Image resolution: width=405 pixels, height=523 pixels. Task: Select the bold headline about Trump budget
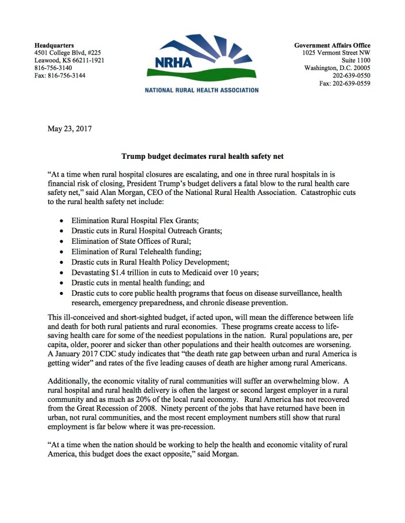pyautogui.click(x=202, y=155)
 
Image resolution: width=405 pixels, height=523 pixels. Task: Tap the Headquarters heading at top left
pyautogui.click(x=55, y=45)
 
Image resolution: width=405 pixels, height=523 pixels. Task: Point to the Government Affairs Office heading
pyautogui.click(x=332, y=45)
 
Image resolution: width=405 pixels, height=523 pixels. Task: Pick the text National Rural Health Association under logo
pyautogui.click(x=202, y=90)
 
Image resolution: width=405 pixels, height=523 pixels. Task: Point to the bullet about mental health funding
pyautogui.click(x=137, y=282)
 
